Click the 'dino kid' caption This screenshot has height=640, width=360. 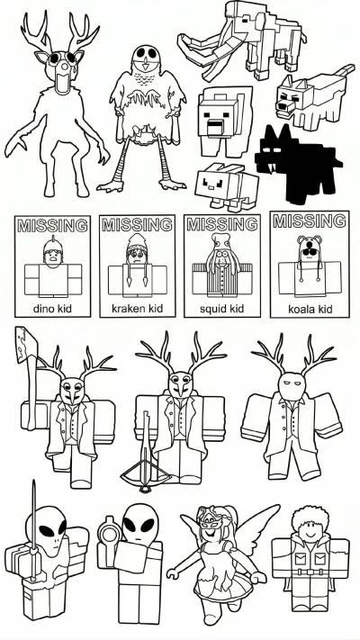(x=52, y=309)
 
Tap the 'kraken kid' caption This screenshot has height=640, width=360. (x=137, y=309)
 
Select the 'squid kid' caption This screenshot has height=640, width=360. (x=221, y=309)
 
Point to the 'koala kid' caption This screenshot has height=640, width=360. (x=310, y=309)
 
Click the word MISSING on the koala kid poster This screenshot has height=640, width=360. (x=310, y=221)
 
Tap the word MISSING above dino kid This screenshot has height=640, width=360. (x=52, y=225)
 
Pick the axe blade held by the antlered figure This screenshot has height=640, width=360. (x=26, y=344)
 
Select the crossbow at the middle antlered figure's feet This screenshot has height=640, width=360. (x=146, y=468)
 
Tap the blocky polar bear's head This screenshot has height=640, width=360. (x=219, y=115)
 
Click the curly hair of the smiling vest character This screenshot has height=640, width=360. (x=309, y=518)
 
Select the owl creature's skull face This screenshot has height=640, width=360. (x=146, y=57)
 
